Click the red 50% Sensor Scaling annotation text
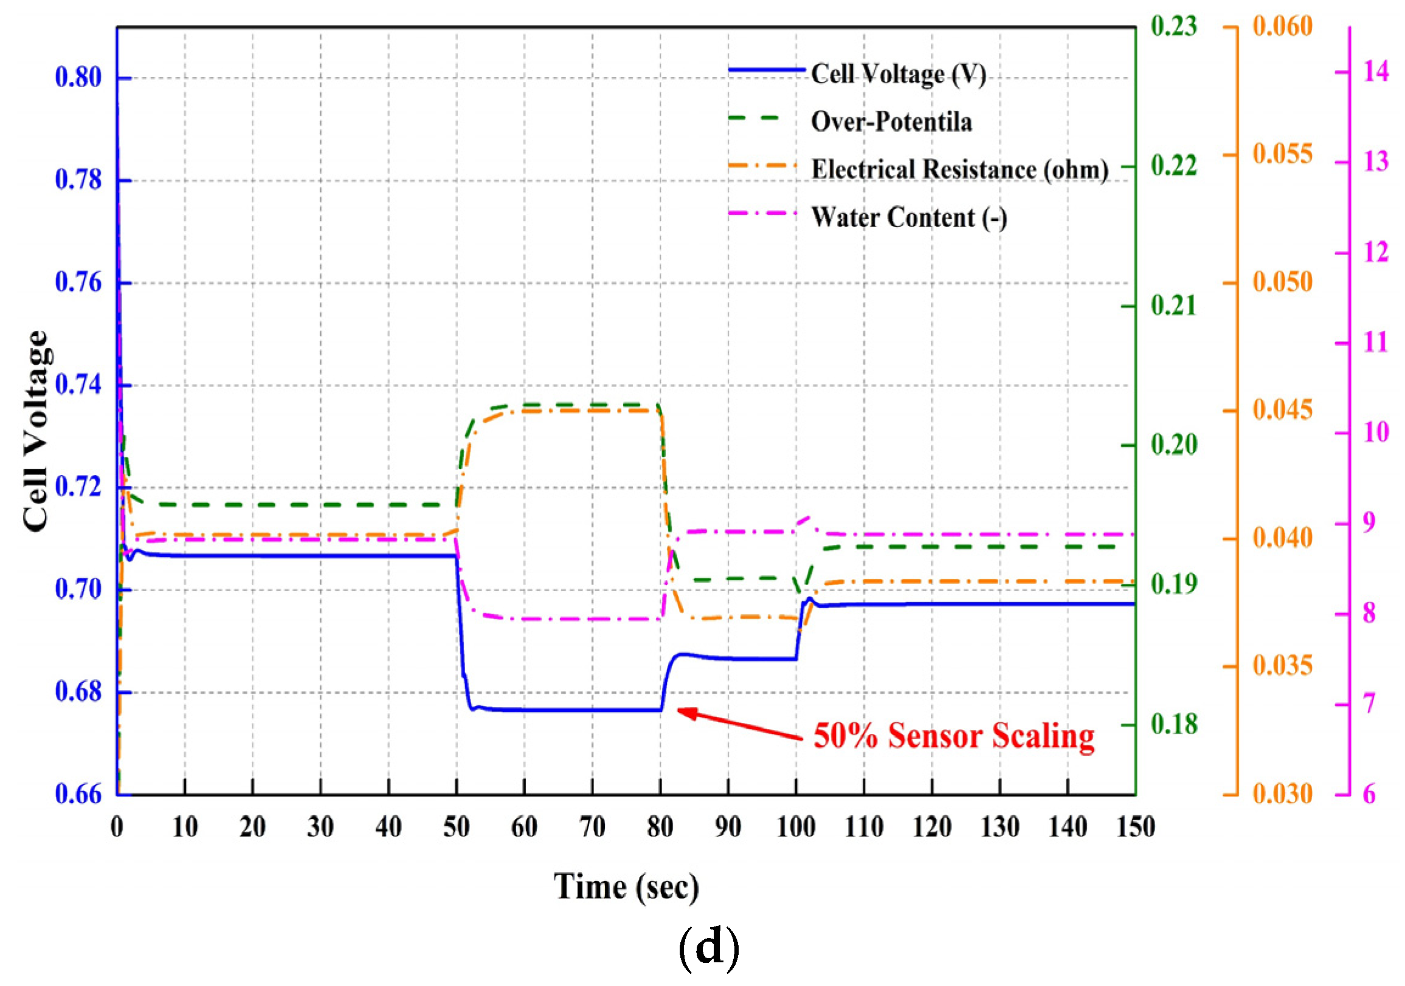(x=954, y=736)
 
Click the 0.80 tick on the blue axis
(x=78, y=78)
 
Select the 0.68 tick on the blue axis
(x=78, y=693)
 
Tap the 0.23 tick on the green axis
(x=1174, y=27)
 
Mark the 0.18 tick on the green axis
(x=1174, y=725)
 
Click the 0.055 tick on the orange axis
(x=1283, y=154)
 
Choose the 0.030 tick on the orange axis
(x=1283, y=794)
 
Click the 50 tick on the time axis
(x=457, y=827)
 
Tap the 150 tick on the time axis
(x=1135, y=827)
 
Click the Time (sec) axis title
(x=626, y=887)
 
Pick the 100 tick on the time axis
(x=795, y=827)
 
